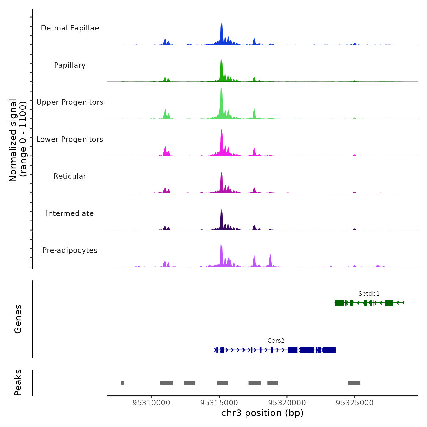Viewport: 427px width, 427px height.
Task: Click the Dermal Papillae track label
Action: click(x=70, y=28)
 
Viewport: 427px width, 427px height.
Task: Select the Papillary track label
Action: click(x=70, y=65)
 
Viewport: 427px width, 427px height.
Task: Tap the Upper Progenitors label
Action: click(x=70, y=102)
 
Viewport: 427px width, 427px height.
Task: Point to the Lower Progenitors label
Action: click(x=70, y=139)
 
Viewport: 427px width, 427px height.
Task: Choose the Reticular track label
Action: click(x=70, y=176)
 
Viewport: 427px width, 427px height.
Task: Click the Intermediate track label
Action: click(x=70, y=213)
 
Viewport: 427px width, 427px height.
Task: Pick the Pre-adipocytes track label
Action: click(x=70, y=250)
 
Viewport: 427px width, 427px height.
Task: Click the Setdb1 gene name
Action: click(x=369, y=293)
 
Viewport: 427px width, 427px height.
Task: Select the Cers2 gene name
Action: click(x=276, y=340)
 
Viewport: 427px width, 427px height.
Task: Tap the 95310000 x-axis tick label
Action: click(x=151, y=403)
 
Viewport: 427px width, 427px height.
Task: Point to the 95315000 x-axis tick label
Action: click(x=219, y=403)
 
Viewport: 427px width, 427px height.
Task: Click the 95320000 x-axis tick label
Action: click(x=287, y=403)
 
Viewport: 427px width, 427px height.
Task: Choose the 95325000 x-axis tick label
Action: click(x=355, y=403)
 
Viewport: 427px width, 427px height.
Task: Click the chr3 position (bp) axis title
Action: click(x=262, y=413)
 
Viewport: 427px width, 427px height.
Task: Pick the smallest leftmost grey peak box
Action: click(x=123, y=383)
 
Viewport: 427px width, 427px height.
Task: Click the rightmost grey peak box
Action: click(x=354, y=383)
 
